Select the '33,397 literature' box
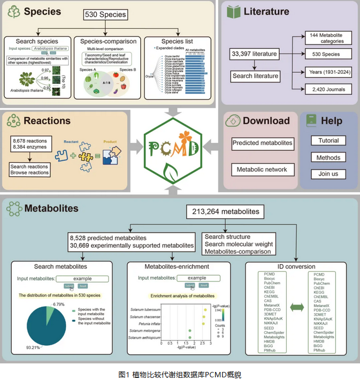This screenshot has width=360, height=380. [x=253, y=54]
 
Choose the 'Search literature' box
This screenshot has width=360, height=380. [x=256, y=76]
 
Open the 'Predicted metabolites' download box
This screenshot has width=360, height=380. [x=262, y=143]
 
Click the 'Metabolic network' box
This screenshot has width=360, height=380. [x=262, y=170]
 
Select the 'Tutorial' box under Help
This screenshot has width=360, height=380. [x=328, y=141]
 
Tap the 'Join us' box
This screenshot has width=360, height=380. [x=328, y=174]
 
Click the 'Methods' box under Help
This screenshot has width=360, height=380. [x=328, y=158]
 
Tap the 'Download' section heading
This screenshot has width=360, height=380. [x=266, y=121]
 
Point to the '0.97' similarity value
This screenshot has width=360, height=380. [x=47, y=70]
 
